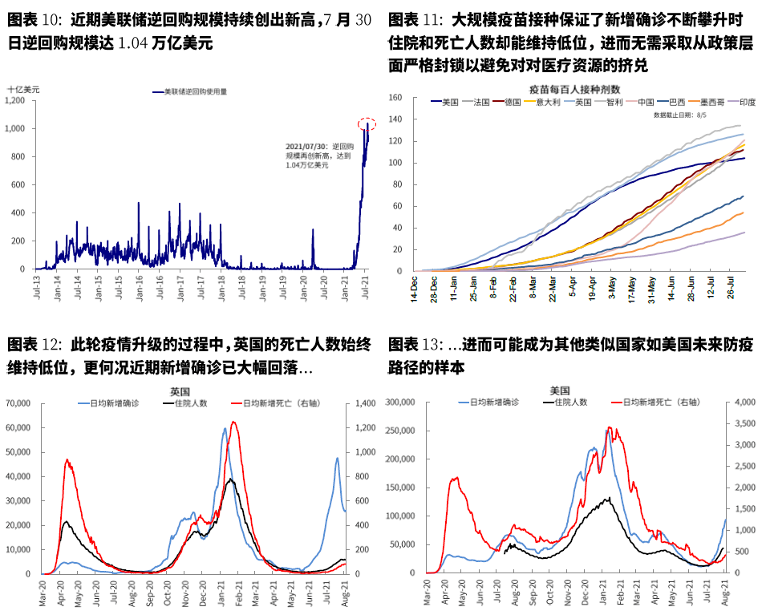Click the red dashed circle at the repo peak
[x=367, y=123]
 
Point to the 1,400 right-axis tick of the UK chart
[x=356, y=403]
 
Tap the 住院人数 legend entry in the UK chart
[x=191, y=403]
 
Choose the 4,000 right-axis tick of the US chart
[x=743, y=403]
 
